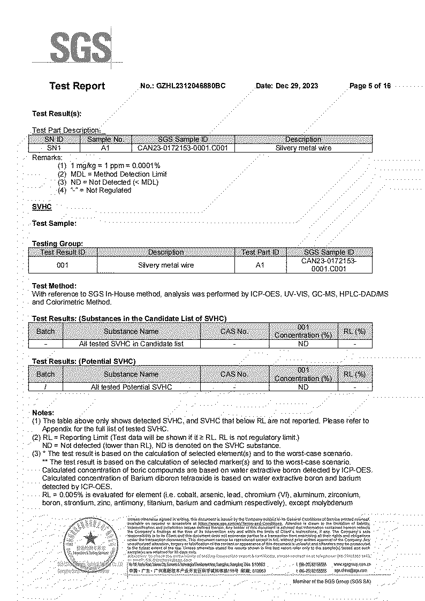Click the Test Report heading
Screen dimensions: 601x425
point(77,86)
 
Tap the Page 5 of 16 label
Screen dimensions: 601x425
point(370,86)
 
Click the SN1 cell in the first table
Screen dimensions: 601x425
point(54,148)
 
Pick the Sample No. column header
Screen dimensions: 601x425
point(105,139)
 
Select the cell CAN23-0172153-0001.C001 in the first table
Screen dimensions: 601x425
point(183,148)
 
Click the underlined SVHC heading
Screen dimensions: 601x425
point(42,206)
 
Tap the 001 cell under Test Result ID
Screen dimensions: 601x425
point(63,265)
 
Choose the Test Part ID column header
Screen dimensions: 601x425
point(260,252)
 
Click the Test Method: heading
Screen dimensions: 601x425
point(54,286)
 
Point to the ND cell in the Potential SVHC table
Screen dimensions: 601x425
point(303,386)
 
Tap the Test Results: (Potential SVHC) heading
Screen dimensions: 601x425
point(84,362)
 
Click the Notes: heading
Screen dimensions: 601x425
point(43,413)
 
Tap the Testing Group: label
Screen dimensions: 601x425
point(57,243)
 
